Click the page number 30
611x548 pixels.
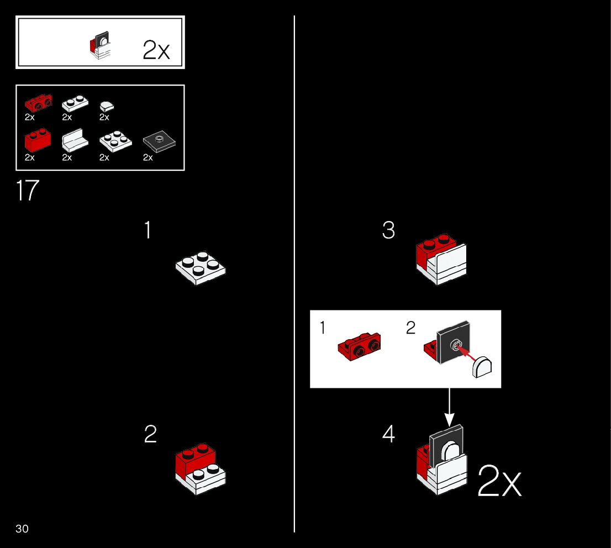tap(22, 529)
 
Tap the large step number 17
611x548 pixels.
tap(28, 191)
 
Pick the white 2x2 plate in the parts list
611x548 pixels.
tap(115, 141)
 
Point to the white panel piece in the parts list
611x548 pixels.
tap(75, 141)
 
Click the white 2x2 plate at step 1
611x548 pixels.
tap(200, 267)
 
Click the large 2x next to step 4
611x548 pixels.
tap(499, 481)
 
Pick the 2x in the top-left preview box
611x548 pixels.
tap(156, 50)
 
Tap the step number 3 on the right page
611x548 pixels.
tap(388, 230)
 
